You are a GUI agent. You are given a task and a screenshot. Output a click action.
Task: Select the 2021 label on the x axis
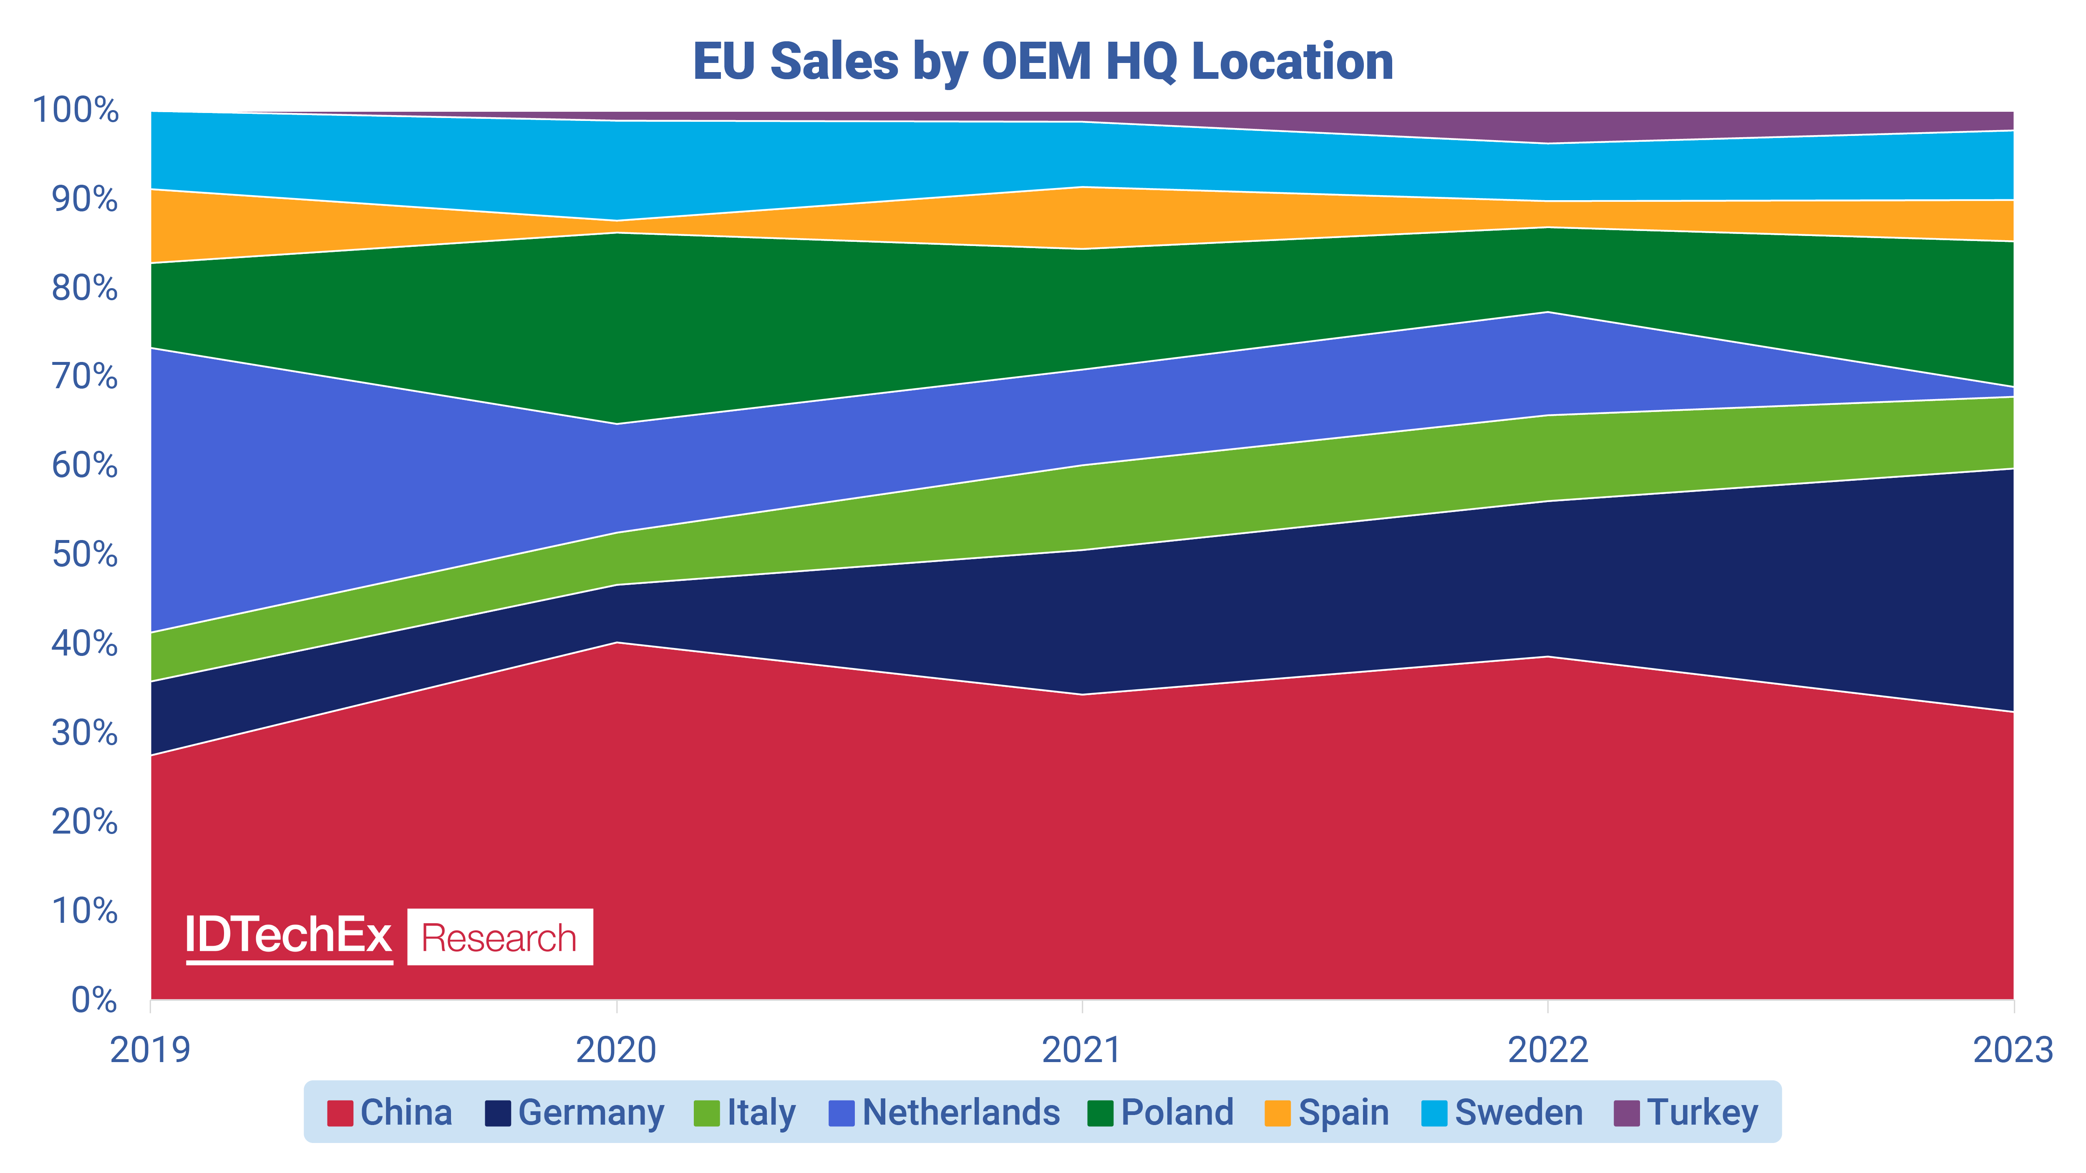(1082, 1050)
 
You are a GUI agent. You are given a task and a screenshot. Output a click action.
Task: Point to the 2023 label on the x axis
(2012, 1050)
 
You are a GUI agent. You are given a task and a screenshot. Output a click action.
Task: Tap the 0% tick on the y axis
(94, 1000)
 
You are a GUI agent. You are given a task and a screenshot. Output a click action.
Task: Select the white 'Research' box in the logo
(500, 937)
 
